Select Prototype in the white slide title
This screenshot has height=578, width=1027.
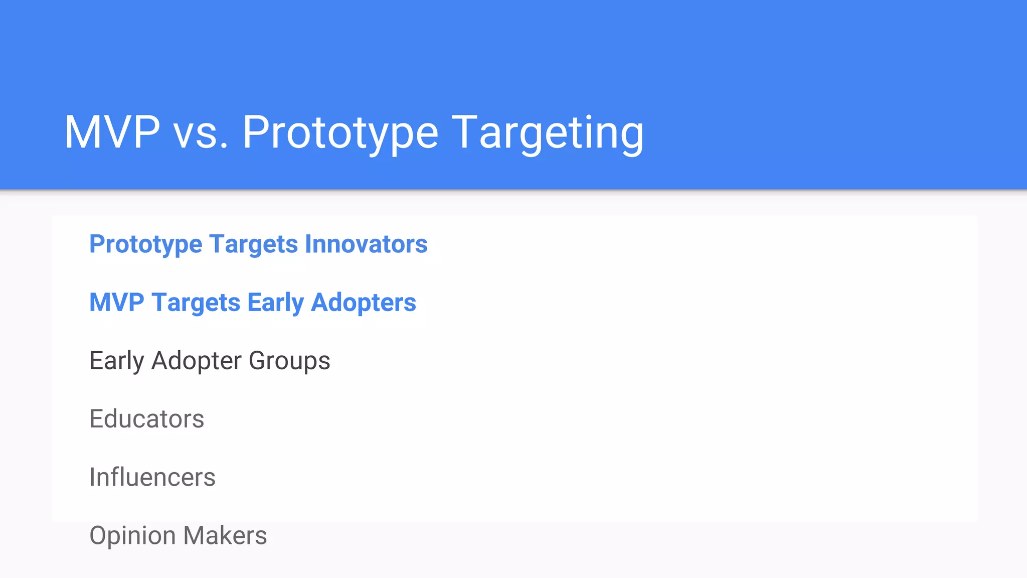(340, 133)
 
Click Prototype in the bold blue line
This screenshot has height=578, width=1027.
(145, 245)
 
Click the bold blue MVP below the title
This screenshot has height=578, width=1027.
(116, 303)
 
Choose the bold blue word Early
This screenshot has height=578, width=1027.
(275, 303)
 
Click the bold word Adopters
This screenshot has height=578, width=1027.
(364, 303)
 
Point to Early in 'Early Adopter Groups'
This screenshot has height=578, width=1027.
(116, 361)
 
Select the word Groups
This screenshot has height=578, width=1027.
(289, 361)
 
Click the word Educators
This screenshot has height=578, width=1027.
(146, 419)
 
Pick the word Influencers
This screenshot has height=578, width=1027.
(152, 477)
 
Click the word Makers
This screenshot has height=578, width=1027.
(225, 535)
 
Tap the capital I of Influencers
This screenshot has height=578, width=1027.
(92, 477)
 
